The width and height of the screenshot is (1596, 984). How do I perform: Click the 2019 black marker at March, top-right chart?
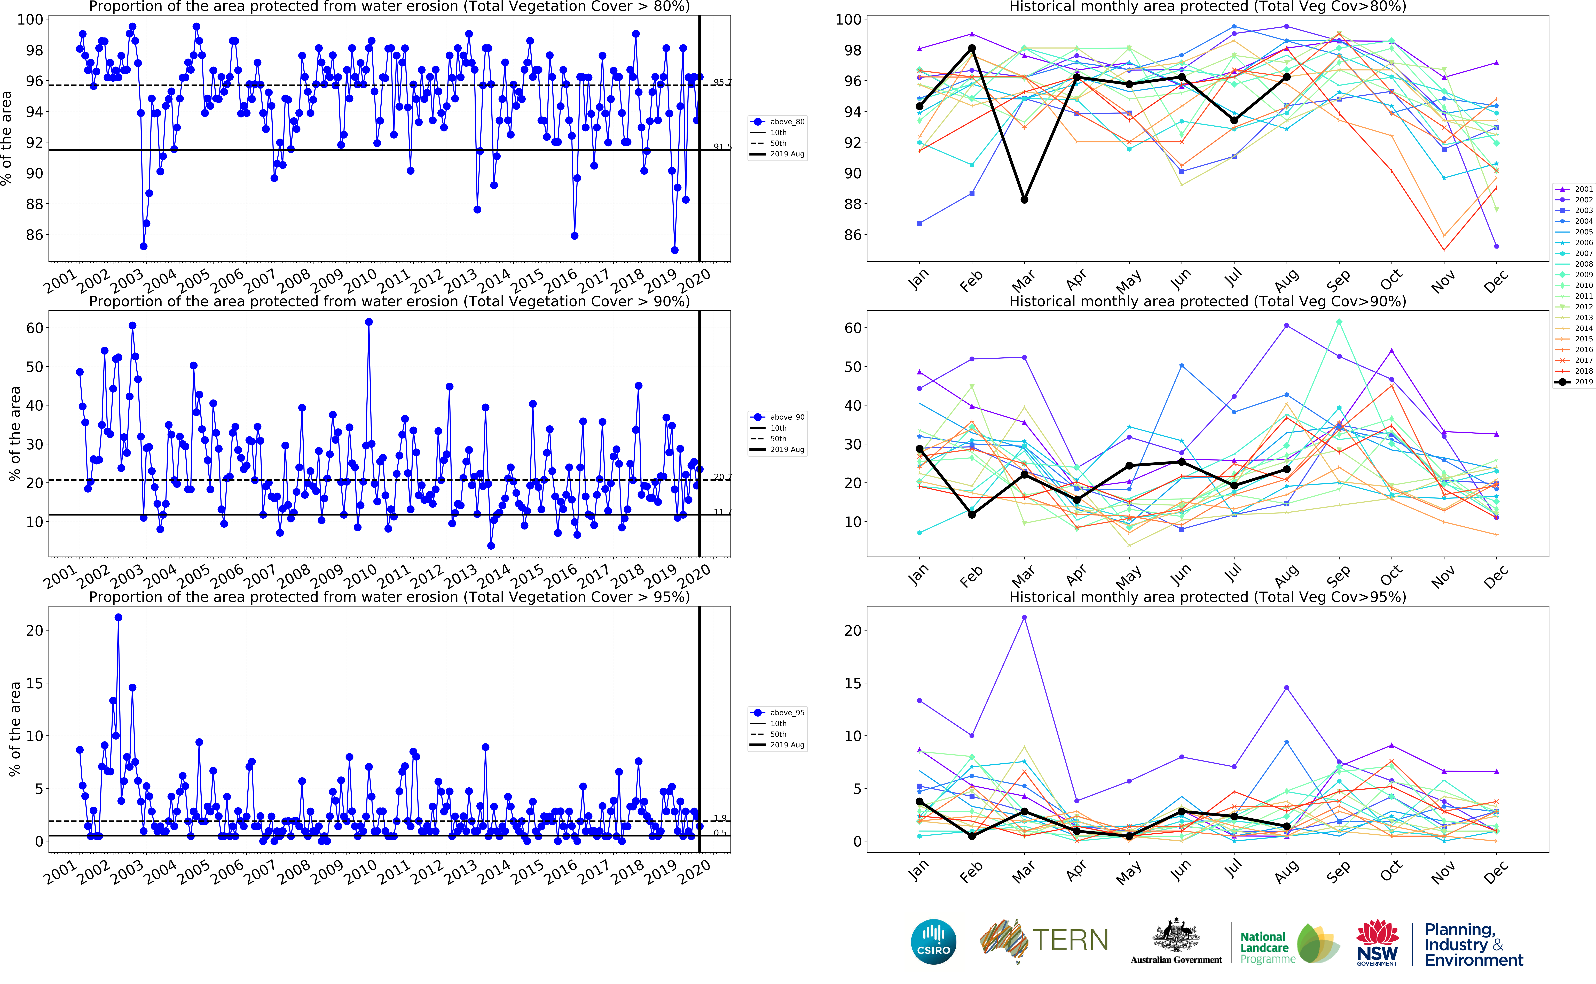tap(1024, 200)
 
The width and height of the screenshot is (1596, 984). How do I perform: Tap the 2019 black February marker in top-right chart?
tap(972, 48)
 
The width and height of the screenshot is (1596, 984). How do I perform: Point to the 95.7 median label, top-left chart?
tap(722, 83)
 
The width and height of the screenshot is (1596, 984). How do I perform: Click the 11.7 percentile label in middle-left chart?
tap(722, 512)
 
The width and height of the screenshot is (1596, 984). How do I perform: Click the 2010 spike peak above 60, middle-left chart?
tap(369, 322)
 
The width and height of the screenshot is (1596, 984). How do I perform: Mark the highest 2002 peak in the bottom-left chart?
tap(118, 618)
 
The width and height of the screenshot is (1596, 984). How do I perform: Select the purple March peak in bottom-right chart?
tap(1024, 618)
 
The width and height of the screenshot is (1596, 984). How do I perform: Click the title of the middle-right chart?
tap(1207, 301)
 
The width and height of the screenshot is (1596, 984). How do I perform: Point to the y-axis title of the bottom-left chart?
tap(14, 729)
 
